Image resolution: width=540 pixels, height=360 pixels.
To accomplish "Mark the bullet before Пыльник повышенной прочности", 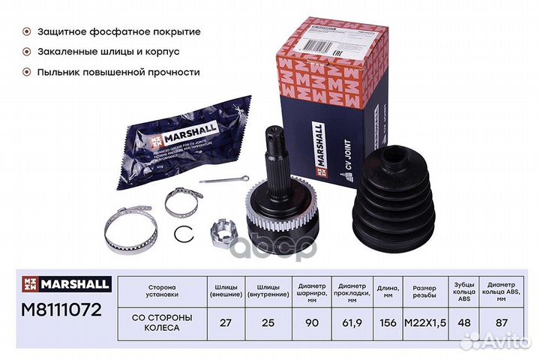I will tap(28, 72).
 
